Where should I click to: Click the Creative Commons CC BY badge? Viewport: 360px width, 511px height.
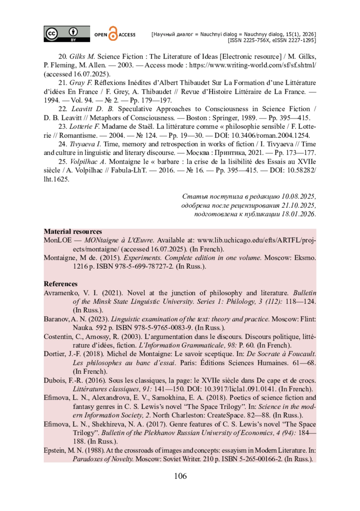tap(67, 34)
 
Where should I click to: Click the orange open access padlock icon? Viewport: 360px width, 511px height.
tap(113, 34)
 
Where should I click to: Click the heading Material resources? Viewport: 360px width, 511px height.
tap(73, 232)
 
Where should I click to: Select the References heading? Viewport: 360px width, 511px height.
tap(61, 284)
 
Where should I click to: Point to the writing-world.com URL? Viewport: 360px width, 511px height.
tap(252, 65)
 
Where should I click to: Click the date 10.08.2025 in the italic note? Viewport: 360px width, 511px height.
tap(298, 197)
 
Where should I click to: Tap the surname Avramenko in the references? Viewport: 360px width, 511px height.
tap(61, 293)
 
